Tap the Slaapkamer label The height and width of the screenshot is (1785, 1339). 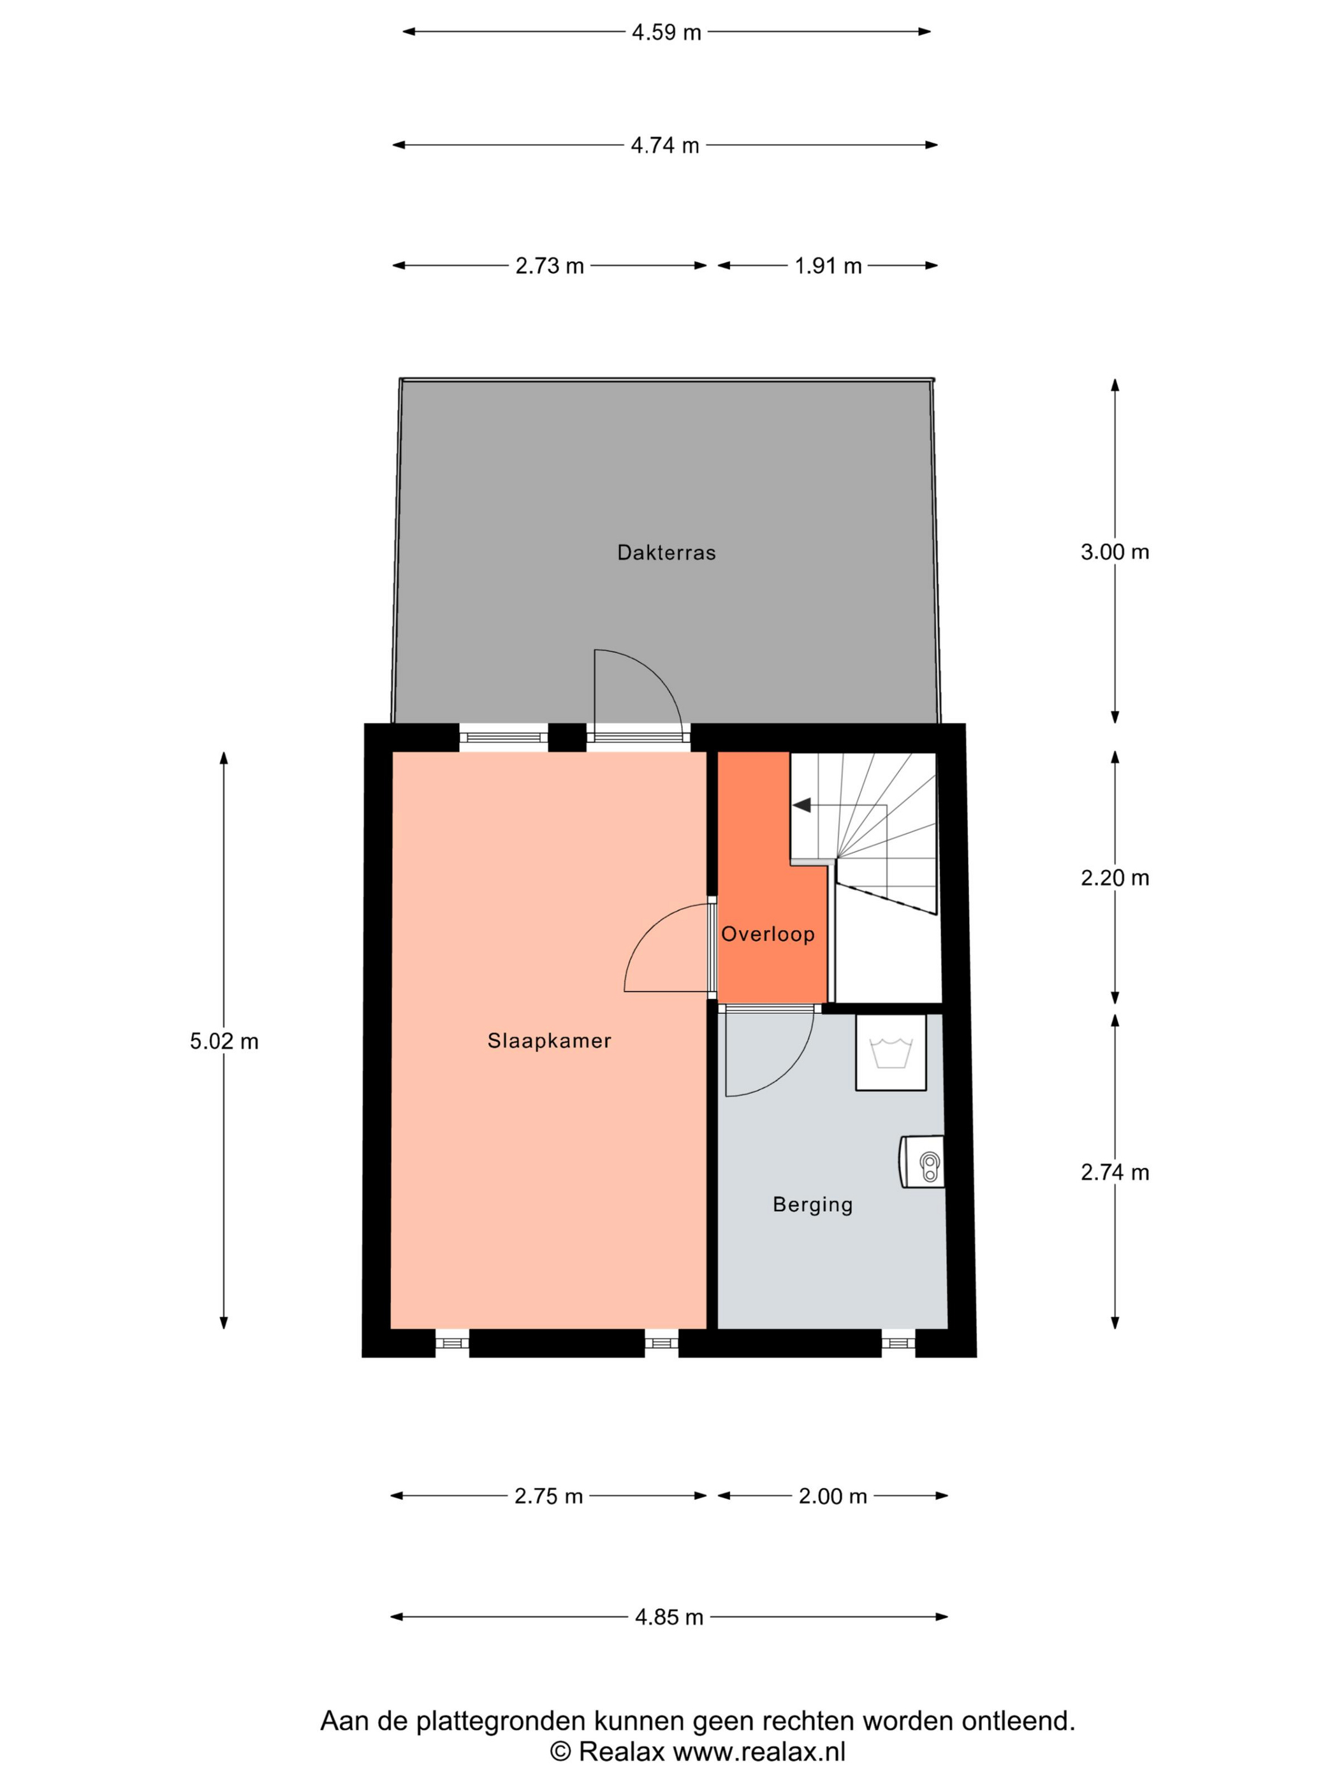[549, 1041]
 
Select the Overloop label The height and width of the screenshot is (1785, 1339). [768, 934]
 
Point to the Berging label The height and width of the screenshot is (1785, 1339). [812, 1205]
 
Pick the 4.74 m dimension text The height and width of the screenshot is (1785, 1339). [665, 145]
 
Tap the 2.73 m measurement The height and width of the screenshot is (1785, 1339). [550, 265]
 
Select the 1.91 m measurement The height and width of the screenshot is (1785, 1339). [828, 265]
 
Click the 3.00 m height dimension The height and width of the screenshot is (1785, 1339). [1115, 552]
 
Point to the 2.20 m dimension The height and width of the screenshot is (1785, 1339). [1115, 878]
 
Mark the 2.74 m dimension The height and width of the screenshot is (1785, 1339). [1115, 1172]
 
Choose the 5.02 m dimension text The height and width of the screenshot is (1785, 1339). [224, 1042]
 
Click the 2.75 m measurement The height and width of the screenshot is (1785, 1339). [549, 1497]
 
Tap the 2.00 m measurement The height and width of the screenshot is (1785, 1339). [833, 1497]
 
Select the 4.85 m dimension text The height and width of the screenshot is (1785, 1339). [669, 1618]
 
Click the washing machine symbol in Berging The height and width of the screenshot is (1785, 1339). [890, 1053]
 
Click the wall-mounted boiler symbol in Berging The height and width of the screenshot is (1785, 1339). [922, 1162]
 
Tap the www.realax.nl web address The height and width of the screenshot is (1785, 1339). [759, 1752]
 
